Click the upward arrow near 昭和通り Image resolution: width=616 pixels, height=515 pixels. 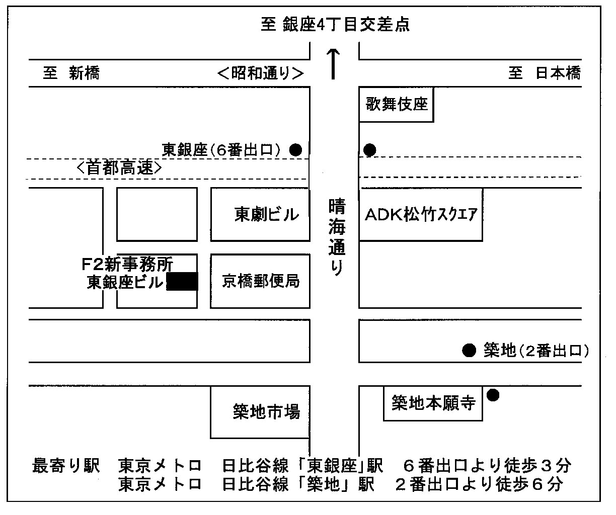coord(333,64)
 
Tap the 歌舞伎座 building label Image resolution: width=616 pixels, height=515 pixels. coord(397,104)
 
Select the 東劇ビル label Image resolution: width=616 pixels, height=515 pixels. coord(266,214)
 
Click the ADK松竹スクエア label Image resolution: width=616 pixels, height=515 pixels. coord(421,214)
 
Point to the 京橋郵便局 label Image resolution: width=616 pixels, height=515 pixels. coord(261,281)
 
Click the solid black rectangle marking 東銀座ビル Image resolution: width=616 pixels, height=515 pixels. coord(182,282)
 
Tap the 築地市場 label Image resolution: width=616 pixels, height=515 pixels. coord(266,411)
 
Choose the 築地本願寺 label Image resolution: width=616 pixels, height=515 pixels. coord(433,403)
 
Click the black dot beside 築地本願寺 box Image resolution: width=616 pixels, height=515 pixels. coord(493,395)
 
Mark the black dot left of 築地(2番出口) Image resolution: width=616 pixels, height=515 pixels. coord(469,351)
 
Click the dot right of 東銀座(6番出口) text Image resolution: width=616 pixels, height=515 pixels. coord(295,150)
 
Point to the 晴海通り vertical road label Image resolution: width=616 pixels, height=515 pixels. coord(337,237)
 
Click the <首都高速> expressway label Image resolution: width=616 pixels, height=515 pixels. coord(119,168)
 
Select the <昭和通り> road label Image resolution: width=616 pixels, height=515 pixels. coord(261,73)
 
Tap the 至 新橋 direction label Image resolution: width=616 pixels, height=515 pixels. coord(71,73)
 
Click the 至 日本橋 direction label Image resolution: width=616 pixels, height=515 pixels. coord(545,73)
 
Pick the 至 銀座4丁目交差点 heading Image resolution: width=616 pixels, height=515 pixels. coord(335,24)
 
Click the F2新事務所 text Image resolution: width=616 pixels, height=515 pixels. coord(127,264)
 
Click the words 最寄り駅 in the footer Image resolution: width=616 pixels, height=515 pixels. coord(66,466)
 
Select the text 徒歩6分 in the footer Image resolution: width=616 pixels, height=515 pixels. coord(529,484)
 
